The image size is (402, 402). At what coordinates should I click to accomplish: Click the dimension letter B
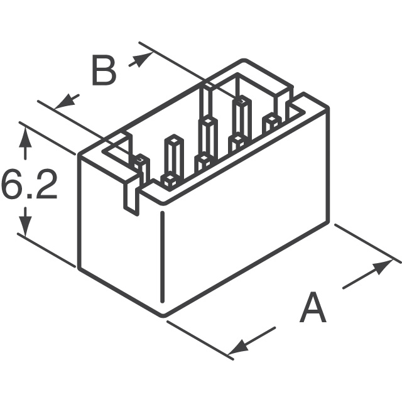tap(104, 70)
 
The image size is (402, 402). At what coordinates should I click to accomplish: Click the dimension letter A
tap(313, 307)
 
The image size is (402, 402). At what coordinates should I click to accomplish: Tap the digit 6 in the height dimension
tap(12, 183)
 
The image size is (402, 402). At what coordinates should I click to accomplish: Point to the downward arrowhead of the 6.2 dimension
tap(25, 226)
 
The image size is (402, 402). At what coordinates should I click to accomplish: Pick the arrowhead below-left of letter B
tap(65, 101)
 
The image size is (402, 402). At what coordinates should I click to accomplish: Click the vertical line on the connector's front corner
tap(162, 257)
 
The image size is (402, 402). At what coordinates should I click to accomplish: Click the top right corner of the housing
tap(328, 107)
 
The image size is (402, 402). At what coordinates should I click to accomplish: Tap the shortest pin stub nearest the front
tap(169, 182)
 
